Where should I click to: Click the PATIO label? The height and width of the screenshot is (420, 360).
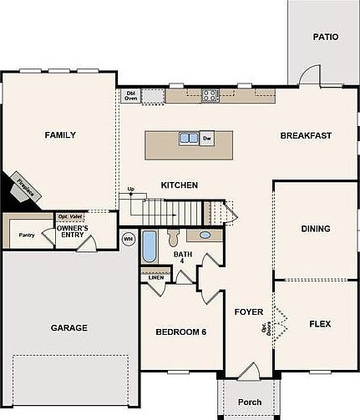326,37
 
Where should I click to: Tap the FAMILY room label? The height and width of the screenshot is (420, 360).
60,135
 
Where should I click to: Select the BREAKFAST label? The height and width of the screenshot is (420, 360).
306,136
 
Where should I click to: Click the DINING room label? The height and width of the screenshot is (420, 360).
315,229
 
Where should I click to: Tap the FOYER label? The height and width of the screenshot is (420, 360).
249,312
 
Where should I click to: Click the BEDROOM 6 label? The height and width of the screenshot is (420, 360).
180,332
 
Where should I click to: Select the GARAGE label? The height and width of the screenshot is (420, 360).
68,328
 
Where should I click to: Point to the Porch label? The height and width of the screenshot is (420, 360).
250,402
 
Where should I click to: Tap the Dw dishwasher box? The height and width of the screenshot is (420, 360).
207,139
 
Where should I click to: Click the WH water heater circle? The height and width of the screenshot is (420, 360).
128,239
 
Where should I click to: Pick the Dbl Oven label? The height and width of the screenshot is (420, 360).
130,95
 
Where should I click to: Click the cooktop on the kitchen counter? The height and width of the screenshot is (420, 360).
209,95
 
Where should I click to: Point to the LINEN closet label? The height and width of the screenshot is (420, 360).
156,278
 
